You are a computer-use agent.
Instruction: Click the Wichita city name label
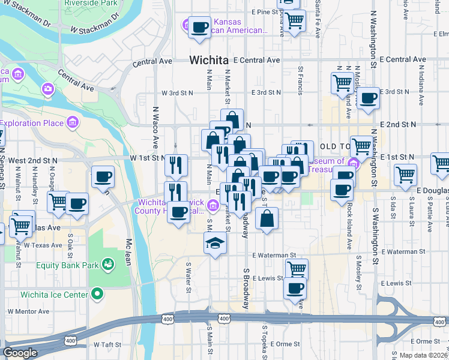(x=209, y=60)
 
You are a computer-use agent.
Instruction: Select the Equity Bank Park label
(x=67, y=265)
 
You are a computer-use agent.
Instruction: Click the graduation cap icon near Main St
(x=214, y=244)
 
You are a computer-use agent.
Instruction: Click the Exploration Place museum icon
(x=73, y=123)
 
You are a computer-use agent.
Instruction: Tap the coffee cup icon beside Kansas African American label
(x=200, y=27)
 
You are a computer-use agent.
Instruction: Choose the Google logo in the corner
(x=20, y=353)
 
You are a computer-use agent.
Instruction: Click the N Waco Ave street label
(x=155, y=128)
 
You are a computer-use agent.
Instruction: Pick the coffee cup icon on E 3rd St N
(x=368, y=98)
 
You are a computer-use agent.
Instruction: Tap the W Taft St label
(x=107, y=346)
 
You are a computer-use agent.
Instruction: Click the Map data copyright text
(x=424, y=355)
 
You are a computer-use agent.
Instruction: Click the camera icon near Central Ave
(x=47, y=89)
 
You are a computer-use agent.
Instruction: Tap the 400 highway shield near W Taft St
(x=71, y=341)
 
